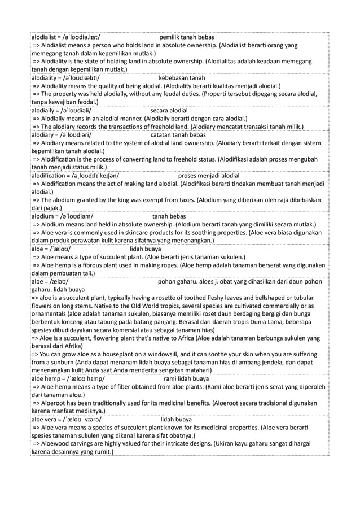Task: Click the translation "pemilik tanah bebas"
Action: click(186, 37)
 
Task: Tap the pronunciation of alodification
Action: click(95, 176)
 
